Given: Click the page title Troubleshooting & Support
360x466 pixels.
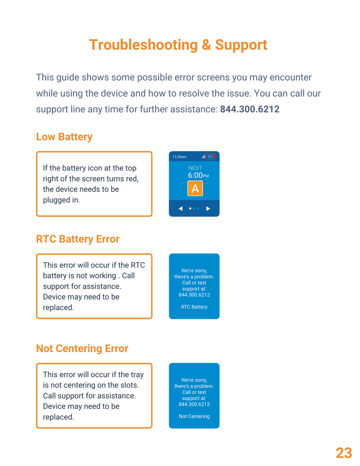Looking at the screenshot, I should (178, 45).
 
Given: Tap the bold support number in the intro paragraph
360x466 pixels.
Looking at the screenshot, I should (250, 109).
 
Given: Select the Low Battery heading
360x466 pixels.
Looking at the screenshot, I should (64, 137).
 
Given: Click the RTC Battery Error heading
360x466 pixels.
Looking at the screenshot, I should (78, 239).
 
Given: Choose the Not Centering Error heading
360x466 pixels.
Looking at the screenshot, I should (82, 349).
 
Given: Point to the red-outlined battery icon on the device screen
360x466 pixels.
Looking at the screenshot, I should (211, 157).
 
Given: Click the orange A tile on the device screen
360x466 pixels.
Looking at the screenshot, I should (195, 188).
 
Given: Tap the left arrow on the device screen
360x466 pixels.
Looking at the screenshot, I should (180, 209).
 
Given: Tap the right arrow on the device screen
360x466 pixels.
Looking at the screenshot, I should (208, 209).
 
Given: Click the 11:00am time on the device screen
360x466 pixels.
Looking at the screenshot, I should (179, 157).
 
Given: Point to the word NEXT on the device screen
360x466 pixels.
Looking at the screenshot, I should (195, 168).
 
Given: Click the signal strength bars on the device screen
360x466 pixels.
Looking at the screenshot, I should (203, 157).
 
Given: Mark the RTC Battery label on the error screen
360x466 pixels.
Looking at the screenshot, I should (194, 307).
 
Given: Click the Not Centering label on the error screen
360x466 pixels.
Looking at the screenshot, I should (194, 417).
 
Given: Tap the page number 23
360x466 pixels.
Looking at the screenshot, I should (344, 453).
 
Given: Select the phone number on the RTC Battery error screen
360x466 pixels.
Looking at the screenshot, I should (194, 295).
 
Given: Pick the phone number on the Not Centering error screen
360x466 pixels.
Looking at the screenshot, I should (194, 404).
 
